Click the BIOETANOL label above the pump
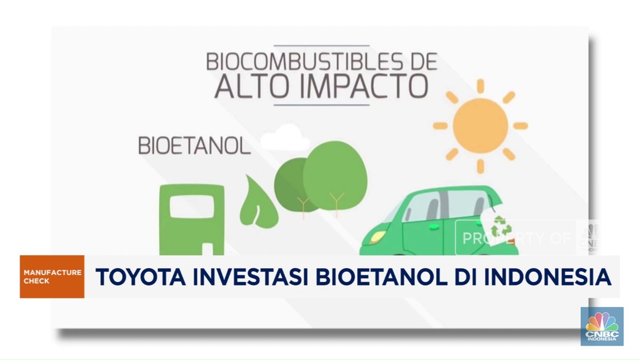[x=194, y=146]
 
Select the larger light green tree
[x=335, y=171]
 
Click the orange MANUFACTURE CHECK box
[x=52, y=277]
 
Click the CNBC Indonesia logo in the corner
[x=602, y=326]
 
